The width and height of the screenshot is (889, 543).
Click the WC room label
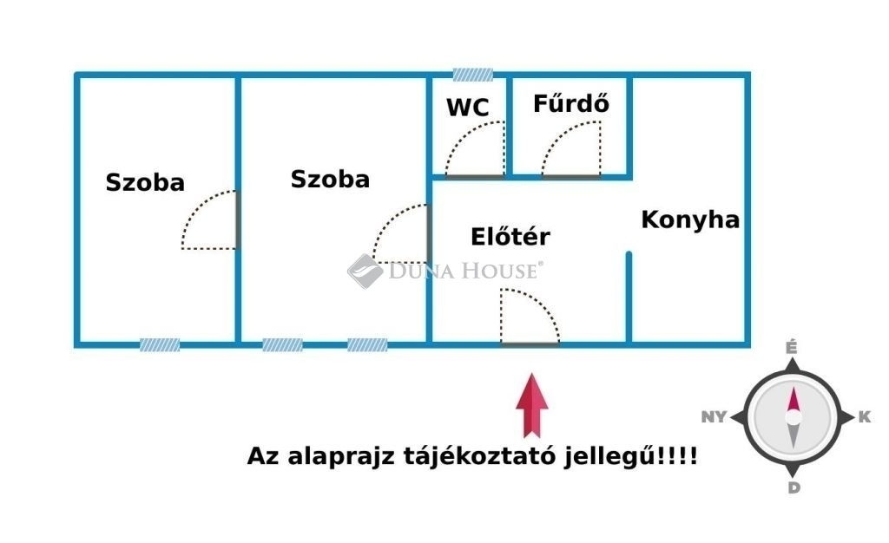tap(468, 108)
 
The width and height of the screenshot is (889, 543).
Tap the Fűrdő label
tap(571, 103)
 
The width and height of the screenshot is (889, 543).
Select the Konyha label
tap(690, 219)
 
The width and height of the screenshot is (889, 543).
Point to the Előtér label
tap(510, 237)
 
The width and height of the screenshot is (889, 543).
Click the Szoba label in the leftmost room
tap(145, 182)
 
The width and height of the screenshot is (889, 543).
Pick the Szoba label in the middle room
tap(330, 179)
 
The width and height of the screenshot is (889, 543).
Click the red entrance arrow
tap(532, 405)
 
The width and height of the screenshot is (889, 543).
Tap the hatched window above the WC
tap(473, 75)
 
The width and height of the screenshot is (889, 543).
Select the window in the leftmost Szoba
tap(160, 345)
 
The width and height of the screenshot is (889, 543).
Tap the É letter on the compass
tap(792, 347)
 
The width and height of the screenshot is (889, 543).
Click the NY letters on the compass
tap(714, 416)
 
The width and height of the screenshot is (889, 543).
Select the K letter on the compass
tap(864, 417)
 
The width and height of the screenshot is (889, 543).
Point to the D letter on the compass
tap(794, 487)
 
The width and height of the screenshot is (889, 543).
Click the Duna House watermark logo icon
tap(365, 271)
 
